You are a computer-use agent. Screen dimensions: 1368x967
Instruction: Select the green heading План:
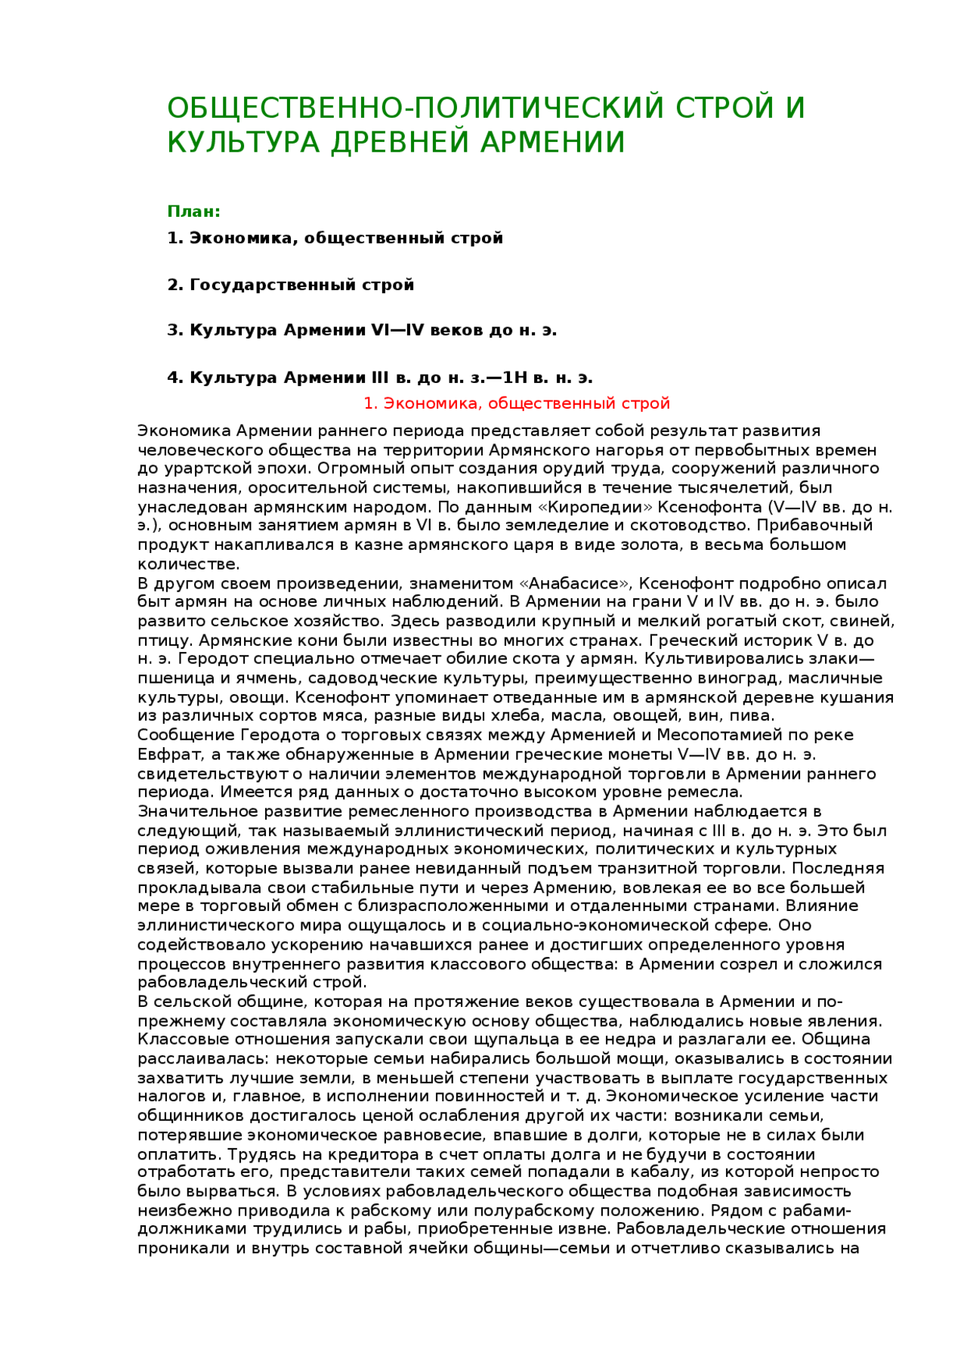click(193, 212)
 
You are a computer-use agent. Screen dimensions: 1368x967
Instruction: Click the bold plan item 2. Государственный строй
click(291, 285)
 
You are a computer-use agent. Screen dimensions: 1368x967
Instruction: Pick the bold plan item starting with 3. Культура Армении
click(362, 330)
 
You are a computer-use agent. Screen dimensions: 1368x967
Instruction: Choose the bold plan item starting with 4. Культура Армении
click(380, 378)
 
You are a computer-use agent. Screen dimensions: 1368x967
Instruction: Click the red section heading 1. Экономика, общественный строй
click(517, 403)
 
